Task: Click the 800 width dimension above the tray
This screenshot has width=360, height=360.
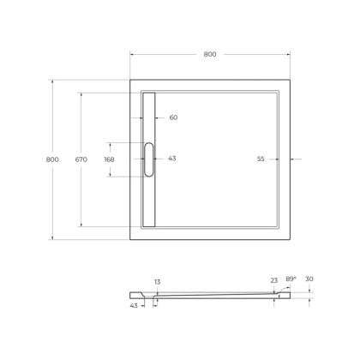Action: [x=210, y=54]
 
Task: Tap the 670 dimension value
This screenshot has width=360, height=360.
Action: [x=81, y=159]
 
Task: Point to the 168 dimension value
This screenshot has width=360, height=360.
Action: [x=109, y=159]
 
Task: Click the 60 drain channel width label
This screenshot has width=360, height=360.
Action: [x=173, y=117]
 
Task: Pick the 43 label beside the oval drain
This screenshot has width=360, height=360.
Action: [x=172, y=159]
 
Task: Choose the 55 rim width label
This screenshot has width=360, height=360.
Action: [x=261, y=159]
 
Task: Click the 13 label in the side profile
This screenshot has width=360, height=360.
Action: [x=157, y=281]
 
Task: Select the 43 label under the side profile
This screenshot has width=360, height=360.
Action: [x=134, y=305]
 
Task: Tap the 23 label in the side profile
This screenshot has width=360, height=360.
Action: [x=273, y=280]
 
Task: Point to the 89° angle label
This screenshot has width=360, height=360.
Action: [x=291, y=279]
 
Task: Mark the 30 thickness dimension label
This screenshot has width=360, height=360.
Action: [x=309, y=279]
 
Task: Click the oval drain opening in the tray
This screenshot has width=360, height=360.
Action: [x=149, y=159]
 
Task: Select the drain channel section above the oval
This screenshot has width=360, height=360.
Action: [x=149, y=116]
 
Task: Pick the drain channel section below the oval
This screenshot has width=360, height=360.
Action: [x=149, y=202]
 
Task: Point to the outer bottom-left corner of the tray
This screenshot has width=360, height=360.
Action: [x=129, y=239]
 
